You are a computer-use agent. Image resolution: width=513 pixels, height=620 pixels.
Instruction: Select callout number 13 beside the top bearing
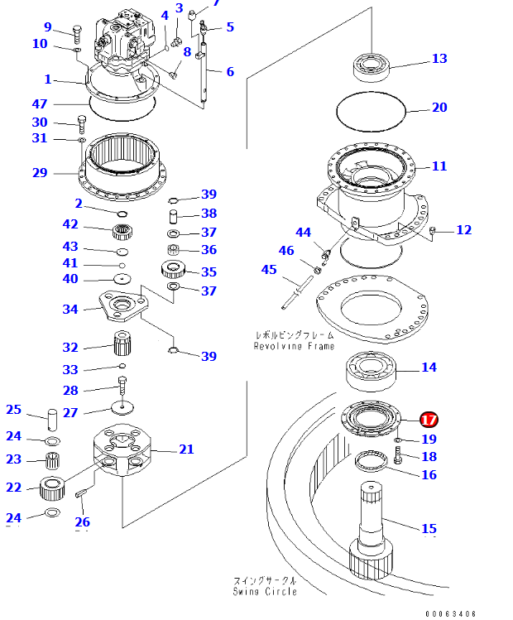pyautogui.click(x=439, y=59)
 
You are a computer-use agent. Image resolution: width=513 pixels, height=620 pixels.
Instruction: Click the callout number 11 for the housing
pyautogui.click(x=439, y=166)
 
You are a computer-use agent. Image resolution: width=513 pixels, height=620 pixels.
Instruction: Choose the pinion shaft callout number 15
pyautogui.click(x=429, y=528)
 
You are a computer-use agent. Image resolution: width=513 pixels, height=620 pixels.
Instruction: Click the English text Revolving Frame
pyautogui.click(x=294, y=346)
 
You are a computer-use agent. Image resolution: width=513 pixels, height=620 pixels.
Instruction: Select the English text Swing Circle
pyautogui.click(x=264, y=592)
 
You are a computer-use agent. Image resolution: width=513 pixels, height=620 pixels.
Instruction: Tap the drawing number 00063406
pyautogui.click(x=451, y=613)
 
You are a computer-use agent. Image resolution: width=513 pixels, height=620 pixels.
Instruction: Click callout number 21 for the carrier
pyautogui.click(x=186, y=449)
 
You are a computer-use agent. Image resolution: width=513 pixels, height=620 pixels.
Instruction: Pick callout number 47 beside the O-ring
pyautogui.click(x=40, y=104)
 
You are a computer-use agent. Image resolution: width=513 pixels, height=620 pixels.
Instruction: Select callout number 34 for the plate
pyautogui.click(x=70, y=309)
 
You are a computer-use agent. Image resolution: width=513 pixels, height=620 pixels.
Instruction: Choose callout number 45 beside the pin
pyautogui.click(x=269, y=270)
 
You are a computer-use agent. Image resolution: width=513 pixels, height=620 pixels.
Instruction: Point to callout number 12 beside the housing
pyautogui.click(x=463, y=229)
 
